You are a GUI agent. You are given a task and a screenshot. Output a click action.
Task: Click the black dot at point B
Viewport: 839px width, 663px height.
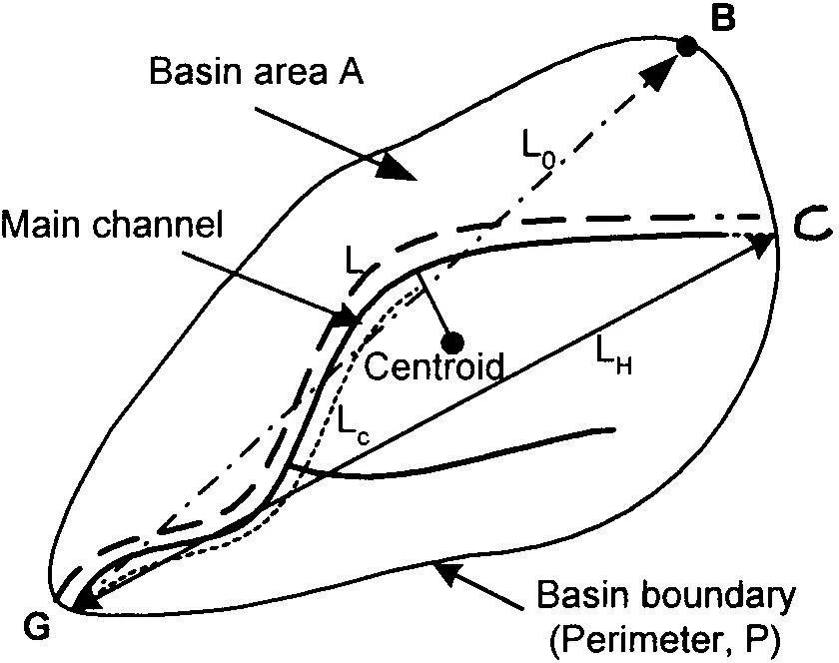coord(686,45)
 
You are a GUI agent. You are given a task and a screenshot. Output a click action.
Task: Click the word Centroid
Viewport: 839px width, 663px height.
coord(431,367)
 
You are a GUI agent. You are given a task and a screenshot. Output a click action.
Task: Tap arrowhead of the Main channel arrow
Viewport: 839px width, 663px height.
coord(349,319)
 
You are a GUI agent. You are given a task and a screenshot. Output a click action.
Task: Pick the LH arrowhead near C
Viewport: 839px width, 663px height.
coord(763,243)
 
